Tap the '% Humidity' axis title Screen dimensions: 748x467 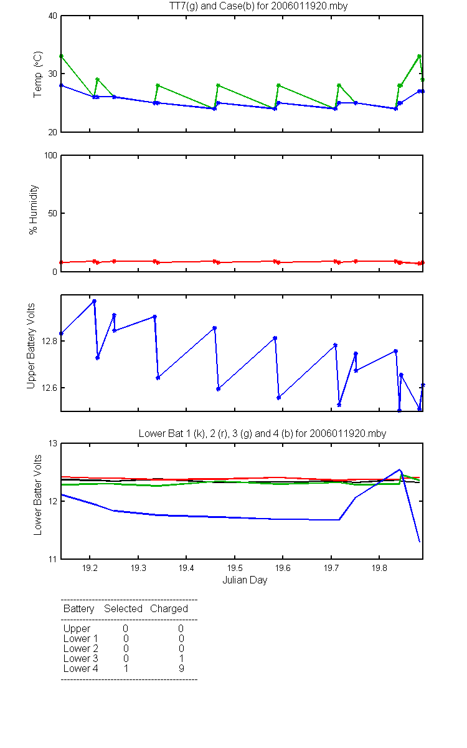tap(35, 209)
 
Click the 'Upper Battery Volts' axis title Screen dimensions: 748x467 tap(31, 345)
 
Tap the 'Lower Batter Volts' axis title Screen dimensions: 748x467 tap(38, 496)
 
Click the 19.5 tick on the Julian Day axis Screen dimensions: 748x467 tap(234, 568)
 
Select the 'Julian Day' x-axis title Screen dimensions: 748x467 tap(245, 580)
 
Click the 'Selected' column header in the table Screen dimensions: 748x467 tap(123, 608)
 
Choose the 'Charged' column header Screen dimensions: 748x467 tap(169, 608)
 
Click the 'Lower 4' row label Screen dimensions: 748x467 tap(80, 668)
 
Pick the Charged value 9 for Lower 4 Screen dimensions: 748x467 tap(181, 668)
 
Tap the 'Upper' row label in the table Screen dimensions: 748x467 tap(77, 628)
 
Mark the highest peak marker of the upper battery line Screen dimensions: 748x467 tap(94, 301)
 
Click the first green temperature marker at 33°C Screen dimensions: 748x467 tap(61, 56)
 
